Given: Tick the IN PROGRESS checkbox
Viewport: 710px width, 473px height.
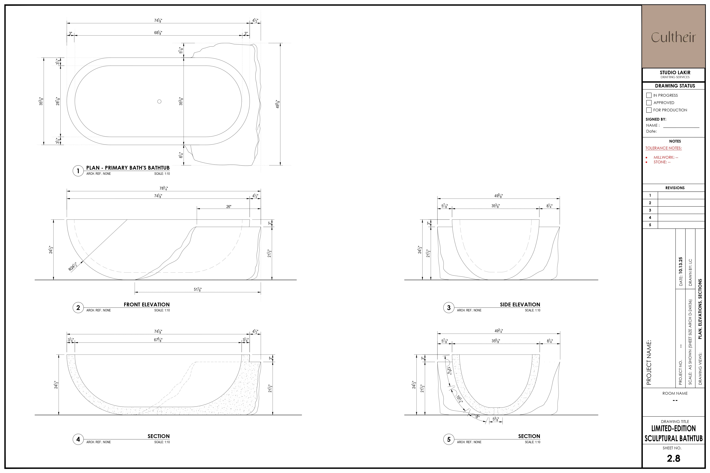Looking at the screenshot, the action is (x=649, y=95).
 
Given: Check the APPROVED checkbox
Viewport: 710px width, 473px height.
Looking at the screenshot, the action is (x=649, y=103).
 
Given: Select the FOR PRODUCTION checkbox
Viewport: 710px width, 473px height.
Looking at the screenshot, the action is (x=649, y=110).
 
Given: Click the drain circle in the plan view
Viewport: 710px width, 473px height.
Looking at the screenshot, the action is (x=159, y=101).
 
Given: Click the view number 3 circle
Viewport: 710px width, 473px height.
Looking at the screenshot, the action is (x=449, y=308).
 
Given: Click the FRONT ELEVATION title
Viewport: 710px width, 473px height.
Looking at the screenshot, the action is (x=147, y=305).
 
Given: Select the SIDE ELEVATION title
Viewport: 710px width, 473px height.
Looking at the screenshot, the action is (x=520, y=305).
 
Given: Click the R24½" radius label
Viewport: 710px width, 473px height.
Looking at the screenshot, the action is (x=72, y=267).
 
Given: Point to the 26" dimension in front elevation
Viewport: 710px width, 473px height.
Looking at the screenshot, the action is (x=229, y=207).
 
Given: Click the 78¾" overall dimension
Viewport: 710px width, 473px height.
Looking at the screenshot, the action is (x=164, y=188).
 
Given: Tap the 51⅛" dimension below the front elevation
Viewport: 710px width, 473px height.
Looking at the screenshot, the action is (x=198, y=289).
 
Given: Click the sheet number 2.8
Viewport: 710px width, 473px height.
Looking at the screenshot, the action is (x=673, y=459).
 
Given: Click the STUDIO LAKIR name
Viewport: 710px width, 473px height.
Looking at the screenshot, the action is (x=675, y=72).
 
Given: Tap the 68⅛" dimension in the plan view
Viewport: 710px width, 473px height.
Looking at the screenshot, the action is (x=158, y=33).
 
